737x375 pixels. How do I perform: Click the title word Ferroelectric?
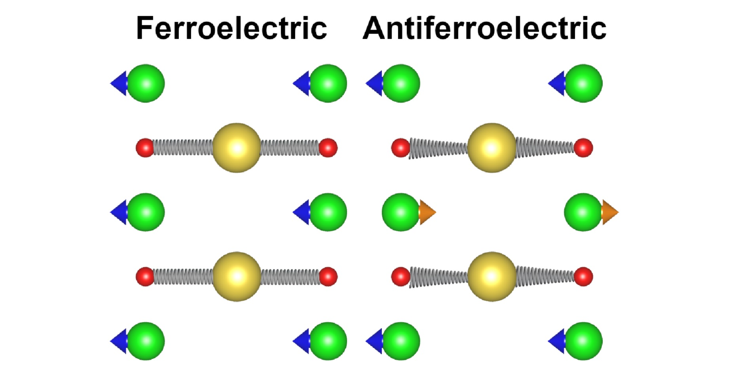click(232, 28)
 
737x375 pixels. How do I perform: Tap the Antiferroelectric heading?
click(484, 28)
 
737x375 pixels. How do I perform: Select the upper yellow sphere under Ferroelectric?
click(237, 148)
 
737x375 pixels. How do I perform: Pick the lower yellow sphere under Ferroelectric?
click(237, 277)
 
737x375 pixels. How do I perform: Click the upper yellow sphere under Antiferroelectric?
click(492, 148)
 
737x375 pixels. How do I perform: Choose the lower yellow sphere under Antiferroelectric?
click(492, 277)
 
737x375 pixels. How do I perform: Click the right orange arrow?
click(610, 212)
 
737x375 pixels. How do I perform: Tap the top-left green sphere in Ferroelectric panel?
click(146, 83)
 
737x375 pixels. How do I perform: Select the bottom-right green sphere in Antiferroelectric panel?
click(583, 341)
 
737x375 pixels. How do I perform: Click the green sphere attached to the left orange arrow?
click(401, 212)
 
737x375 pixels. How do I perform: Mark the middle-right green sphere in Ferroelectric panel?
click(328, 212)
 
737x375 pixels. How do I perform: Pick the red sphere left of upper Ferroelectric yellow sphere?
click(145, 148)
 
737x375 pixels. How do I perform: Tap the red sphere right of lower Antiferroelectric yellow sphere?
click(583, 277)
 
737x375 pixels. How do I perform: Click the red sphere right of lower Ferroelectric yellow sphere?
click(328, 277)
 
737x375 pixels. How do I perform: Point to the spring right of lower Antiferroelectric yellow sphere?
click(545, 276)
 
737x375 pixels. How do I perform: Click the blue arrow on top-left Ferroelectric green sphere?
click(119, 83)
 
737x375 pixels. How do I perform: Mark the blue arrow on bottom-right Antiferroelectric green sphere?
click(557, 341)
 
